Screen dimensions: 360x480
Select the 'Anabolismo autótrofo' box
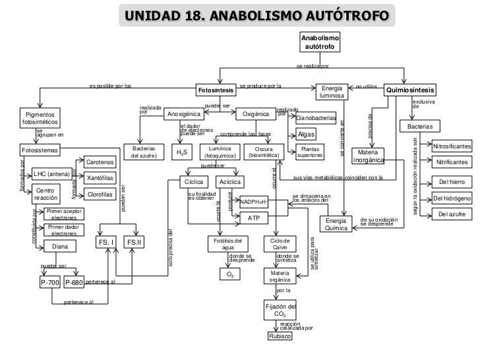point(320,44)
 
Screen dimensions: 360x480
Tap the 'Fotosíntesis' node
point(216,89)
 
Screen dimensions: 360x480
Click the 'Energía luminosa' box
point(329,92)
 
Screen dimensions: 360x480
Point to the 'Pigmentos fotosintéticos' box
point(40,118)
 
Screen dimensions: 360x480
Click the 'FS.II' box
point(135,243)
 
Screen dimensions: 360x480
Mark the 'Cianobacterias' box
point(316,119)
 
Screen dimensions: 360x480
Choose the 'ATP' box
point(254,218)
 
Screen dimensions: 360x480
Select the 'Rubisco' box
point(280,336)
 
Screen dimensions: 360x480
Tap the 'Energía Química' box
point(336,224)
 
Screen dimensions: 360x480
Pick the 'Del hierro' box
point(452,182)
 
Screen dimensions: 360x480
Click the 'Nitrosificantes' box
point(452,145)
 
